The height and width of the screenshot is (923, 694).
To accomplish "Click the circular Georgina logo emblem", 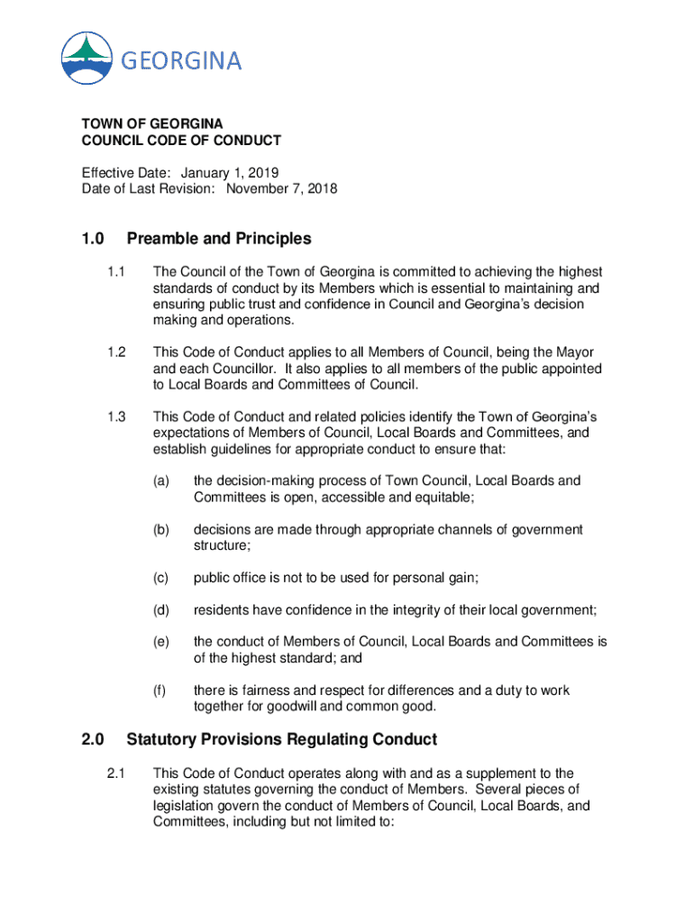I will click(x=87, y=58).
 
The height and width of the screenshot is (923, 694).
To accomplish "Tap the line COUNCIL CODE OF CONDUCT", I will click(x=181, y=141).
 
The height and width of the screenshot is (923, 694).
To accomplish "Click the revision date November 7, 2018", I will click(x=281, y=189).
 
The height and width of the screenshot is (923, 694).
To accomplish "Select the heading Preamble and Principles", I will click(x=219, y=239).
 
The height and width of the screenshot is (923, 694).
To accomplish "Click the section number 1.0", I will click(x=93, y=239).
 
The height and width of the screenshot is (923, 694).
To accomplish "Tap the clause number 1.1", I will click(x=116, y=272).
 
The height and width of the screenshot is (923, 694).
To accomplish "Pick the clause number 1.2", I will click(x=116, y=352).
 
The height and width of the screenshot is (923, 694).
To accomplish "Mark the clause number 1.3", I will click(x=116, y=416).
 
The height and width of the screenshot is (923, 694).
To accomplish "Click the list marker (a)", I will click(x=161, y=480).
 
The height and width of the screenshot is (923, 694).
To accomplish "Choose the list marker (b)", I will click(x=161, y=530).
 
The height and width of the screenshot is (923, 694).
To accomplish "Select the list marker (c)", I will click(x=161, y=579).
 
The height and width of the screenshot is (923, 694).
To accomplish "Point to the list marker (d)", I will click(x=161, y=610).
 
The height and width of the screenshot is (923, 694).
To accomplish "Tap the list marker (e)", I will click(x=161, y=642).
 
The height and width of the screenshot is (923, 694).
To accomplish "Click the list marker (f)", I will click(x=160, y=690).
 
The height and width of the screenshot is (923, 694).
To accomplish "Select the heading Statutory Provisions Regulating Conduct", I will click(x=282, y=740).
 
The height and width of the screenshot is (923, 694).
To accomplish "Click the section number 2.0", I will click(x=93, y=740).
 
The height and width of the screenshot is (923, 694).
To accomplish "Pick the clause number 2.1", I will click(x=116, y=773).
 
